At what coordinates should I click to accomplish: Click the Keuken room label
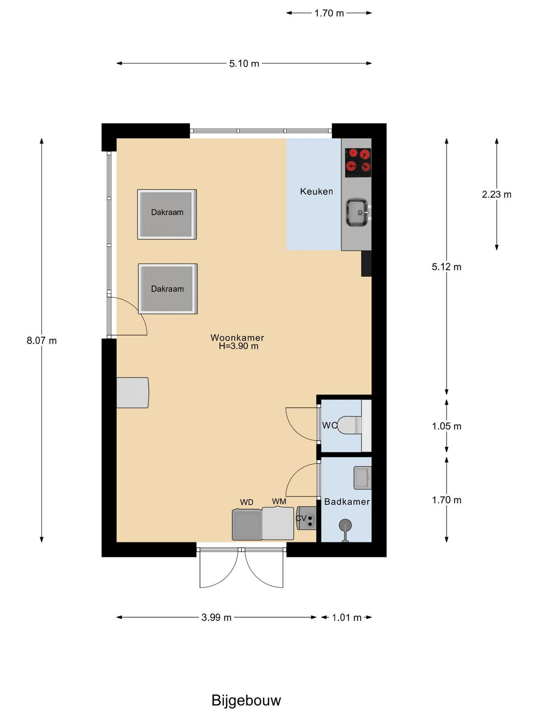(316, 191)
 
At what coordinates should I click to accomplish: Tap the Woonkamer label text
(237, 337)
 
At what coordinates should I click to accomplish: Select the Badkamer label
(347, 502)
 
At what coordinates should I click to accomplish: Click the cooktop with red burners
(358, 162)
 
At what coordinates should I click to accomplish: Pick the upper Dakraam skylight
(167, 214)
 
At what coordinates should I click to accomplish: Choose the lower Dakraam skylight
(168, 289)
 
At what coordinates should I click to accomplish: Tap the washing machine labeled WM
(278, 523)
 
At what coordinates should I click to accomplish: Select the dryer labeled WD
(247, 524)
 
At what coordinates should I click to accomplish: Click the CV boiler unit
(306, 518)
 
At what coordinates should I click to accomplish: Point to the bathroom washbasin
(363, 478)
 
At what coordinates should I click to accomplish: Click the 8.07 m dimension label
(42, 341)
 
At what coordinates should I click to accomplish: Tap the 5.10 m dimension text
(244, 63)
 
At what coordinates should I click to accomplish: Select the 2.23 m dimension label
(496, 194)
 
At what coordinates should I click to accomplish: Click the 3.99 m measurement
(216, 617)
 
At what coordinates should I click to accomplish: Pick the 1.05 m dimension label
(447, 426)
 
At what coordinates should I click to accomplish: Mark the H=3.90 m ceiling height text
(239, 346)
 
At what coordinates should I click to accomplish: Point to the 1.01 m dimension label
(347, 617)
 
